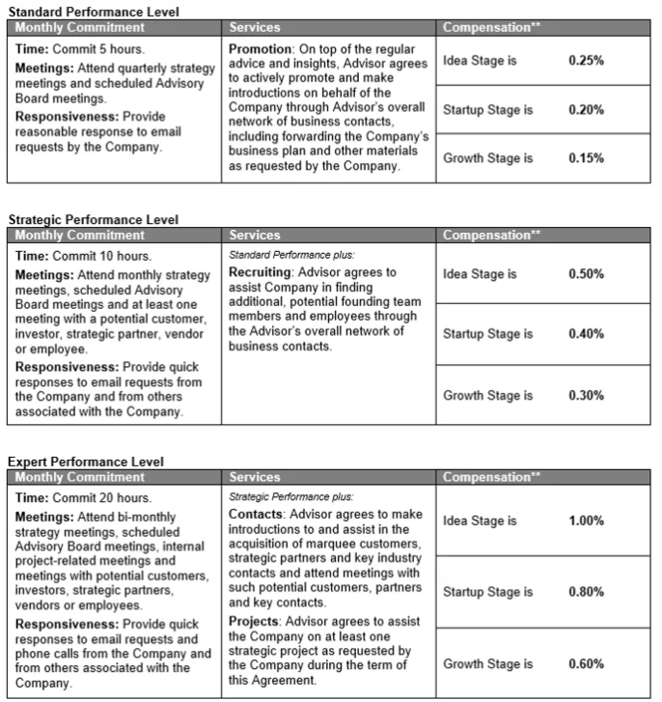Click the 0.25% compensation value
pyautogui.click(x=586, y=61)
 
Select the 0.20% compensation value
pyautogui.click(x=586, y=110)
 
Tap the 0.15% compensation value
pyautogui.click(x=586, y=158)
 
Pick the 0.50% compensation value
pyautogui.click(x=586, y=274)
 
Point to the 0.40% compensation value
pyautogui.click(x=586, y=334)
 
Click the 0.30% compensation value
pyautogui.click(x=586, y=395)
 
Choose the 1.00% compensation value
pyautogui.click(x=586, y=520)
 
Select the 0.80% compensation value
pyautogui.click(x=586, y=592)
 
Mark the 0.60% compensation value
pyautogui.click(x=586, y=664)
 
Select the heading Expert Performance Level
pyautogui.click(x=86, y=463)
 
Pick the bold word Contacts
pyautogui.click(x=256, y=515)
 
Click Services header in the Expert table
pyautogui.click(x=255, y=478)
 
